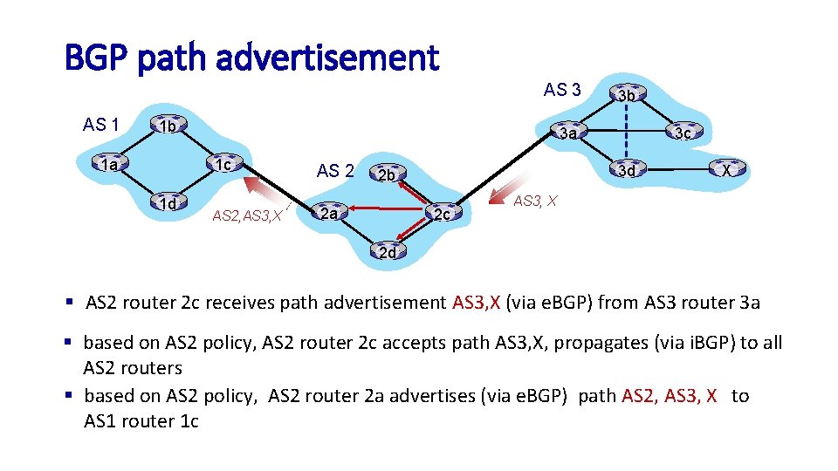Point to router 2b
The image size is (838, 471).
tap(387, 174)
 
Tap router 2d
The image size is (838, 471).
tap(387, 253)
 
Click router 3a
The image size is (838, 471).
tap(568, 133)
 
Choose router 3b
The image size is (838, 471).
tap(625, 94)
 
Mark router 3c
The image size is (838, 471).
tap(682, 133)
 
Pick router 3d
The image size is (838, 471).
tap(625, 170)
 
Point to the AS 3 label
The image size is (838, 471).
tap(562, 90)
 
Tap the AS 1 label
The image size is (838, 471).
tap(101, 125)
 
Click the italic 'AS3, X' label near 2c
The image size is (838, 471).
tap(533, 201)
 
